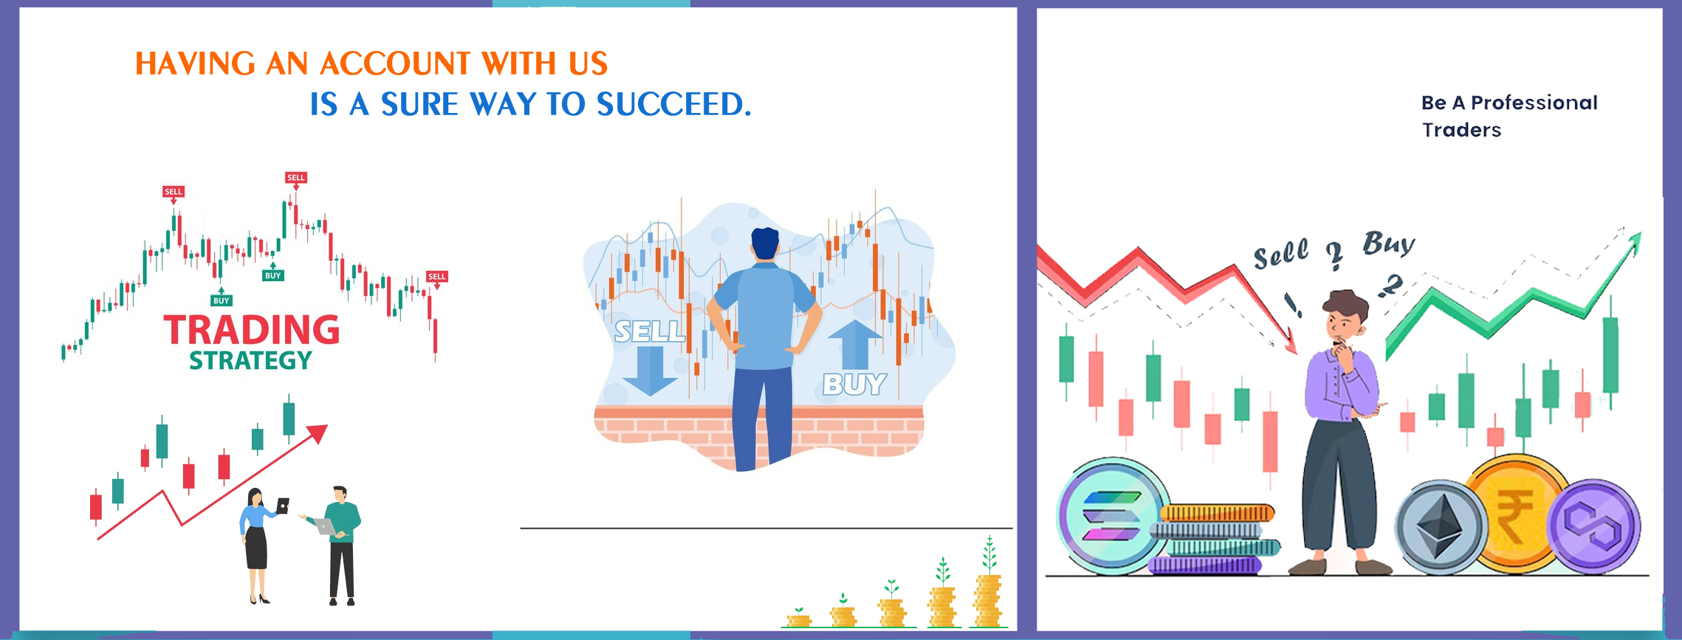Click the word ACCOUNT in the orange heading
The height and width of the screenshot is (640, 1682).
(394, 63)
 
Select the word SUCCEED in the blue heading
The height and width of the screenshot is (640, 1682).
(673, 104)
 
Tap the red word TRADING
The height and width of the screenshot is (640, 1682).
(252, 330)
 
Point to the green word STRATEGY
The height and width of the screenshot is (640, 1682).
(250, 361)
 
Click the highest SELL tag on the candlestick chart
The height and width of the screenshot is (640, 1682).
(295, 177)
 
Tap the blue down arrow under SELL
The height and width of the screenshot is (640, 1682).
(650, 371)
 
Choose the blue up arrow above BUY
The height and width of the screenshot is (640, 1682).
(854, 344)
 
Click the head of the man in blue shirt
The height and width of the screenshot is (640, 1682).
(765, 243)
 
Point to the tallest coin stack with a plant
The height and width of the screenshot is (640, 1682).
(989, 583)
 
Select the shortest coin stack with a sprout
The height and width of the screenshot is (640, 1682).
(798, 618)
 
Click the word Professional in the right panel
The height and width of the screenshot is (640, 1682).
(1534, 103)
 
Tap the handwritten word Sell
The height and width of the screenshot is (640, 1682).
(1281, 254)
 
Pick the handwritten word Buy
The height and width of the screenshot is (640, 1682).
(1389, 243)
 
